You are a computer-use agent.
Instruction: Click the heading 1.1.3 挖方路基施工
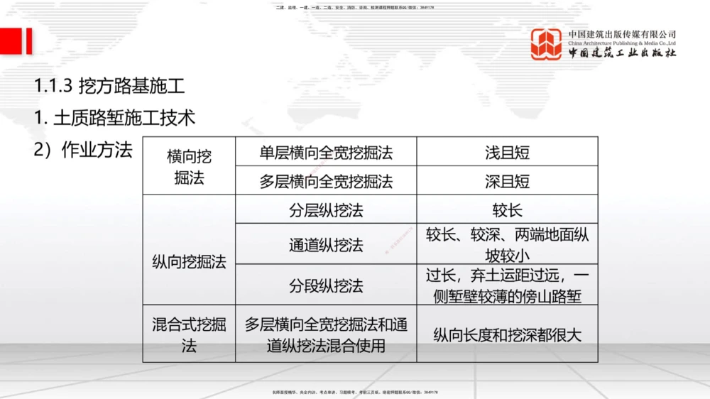tap(109, 87)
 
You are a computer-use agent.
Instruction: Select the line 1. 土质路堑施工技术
tap(114, 118)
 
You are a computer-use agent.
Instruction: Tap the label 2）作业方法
tap(83, 150)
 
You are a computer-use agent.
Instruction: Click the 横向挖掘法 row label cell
tap(189, 166)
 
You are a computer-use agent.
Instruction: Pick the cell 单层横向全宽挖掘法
tap(326, 153)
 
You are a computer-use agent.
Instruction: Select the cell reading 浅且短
tap(507, 153)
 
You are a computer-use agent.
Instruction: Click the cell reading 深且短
tap(507, 181)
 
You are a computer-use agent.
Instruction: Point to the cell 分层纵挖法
tap(326, 210)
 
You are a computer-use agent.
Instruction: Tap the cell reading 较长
tap(507, 210)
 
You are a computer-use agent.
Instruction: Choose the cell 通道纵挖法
tap(326, 245)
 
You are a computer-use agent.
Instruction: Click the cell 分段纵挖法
tap(326, 285)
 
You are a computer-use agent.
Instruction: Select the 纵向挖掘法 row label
tap(189, 262)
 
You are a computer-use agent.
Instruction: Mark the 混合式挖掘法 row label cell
tap(189, 335)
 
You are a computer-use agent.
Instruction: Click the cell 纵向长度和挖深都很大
tap(507, 335)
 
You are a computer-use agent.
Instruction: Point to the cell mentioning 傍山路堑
tap(507, 285)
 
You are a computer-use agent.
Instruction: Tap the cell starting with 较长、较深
tap(507, 245)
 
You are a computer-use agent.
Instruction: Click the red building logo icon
tap(547, 45)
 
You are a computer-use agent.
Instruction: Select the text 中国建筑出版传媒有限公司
tap(622, 34)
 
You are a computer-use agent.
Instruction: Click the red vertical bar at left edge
tap(28, 41)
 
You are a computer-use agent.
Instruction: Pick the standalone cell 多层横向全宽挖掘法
tap(326, 181)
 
